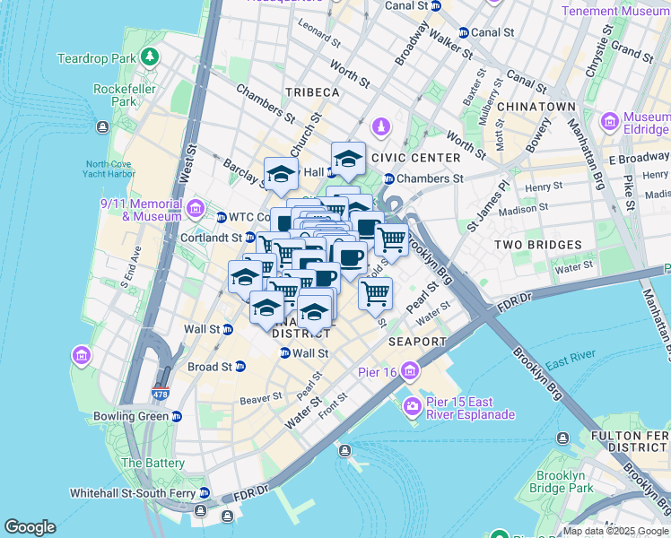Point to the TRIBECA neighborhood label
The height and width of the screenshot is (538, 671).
[x=312, y=92]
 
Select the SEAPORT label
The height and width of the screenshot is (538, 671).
[x=417, y=342]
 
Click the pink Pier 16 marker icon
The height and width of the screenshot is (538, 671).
[x=410, y=370]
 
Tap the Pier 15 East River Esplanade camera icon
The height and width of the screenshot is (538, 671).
[x=412, y=407]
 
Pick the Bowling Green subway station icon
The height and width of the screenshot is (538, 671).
[x=177, y=417]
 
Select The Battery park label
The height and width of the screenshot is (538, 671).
[x=152, y=463]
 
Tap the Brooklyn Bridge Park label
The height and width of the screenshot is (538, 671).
[x=563, y=482]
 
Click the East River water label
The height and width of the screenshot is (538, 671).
[x=565, y=362]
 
